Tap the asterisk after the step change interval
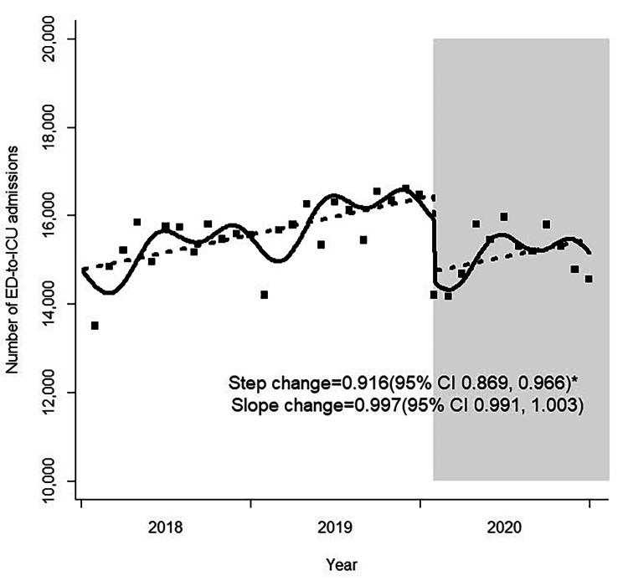coord(576,382)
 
